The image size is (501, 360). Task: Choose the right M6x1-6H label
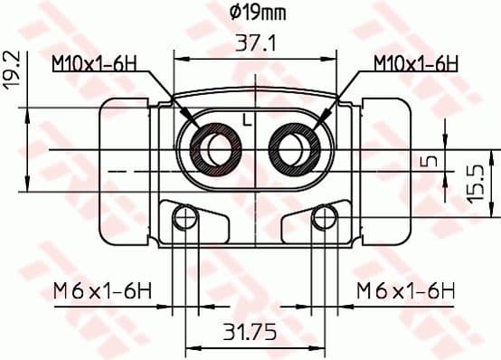pyautogui.click(x=404, y=290)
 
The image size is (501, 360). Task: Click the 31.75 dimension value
pyautogui.click(x=250, y=333)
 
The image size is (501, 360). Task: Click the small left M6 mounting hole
pyautogui.click(x=185, y=217)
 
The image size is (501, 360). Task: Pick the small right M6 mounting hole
pyautogui.click(x=323, y=217)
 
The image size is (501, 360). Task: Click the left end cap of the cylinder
pyautogui.click(x=126, y=169)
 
